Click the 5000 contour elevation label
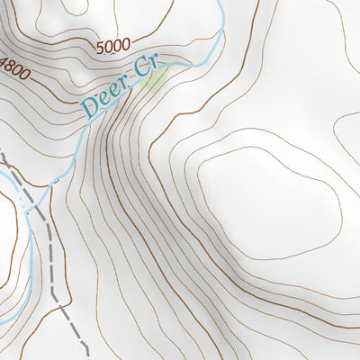pyautogui.click(x=112, y=44)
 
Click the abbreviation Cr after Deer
pyautogui.click(x=146, y=69)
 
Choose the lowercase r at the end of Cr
pyautogui.click(x=153, y=65)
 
